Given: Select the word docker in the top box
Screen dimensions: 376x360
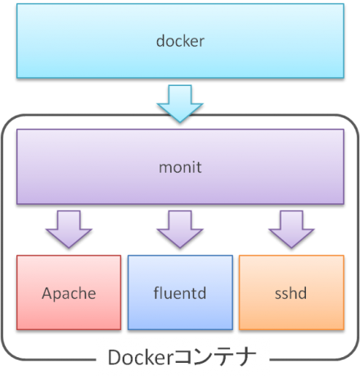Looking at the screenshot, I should click(x=180, y=41).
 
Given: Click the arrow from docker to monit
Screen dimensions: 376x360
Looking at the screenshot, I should click(x=179, y=103).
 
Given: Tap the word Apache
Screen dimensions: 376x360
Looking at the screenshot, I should click(x=68, y=292).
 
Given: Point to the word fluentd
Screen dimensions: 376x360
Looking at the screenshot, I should click(x=179, y=292).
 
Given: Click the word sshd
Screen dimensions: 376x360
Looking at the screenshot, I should click(x=290, y=292).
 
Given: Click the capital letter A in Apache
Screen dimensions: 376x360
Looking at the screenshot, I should click(x=47, y=292).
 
